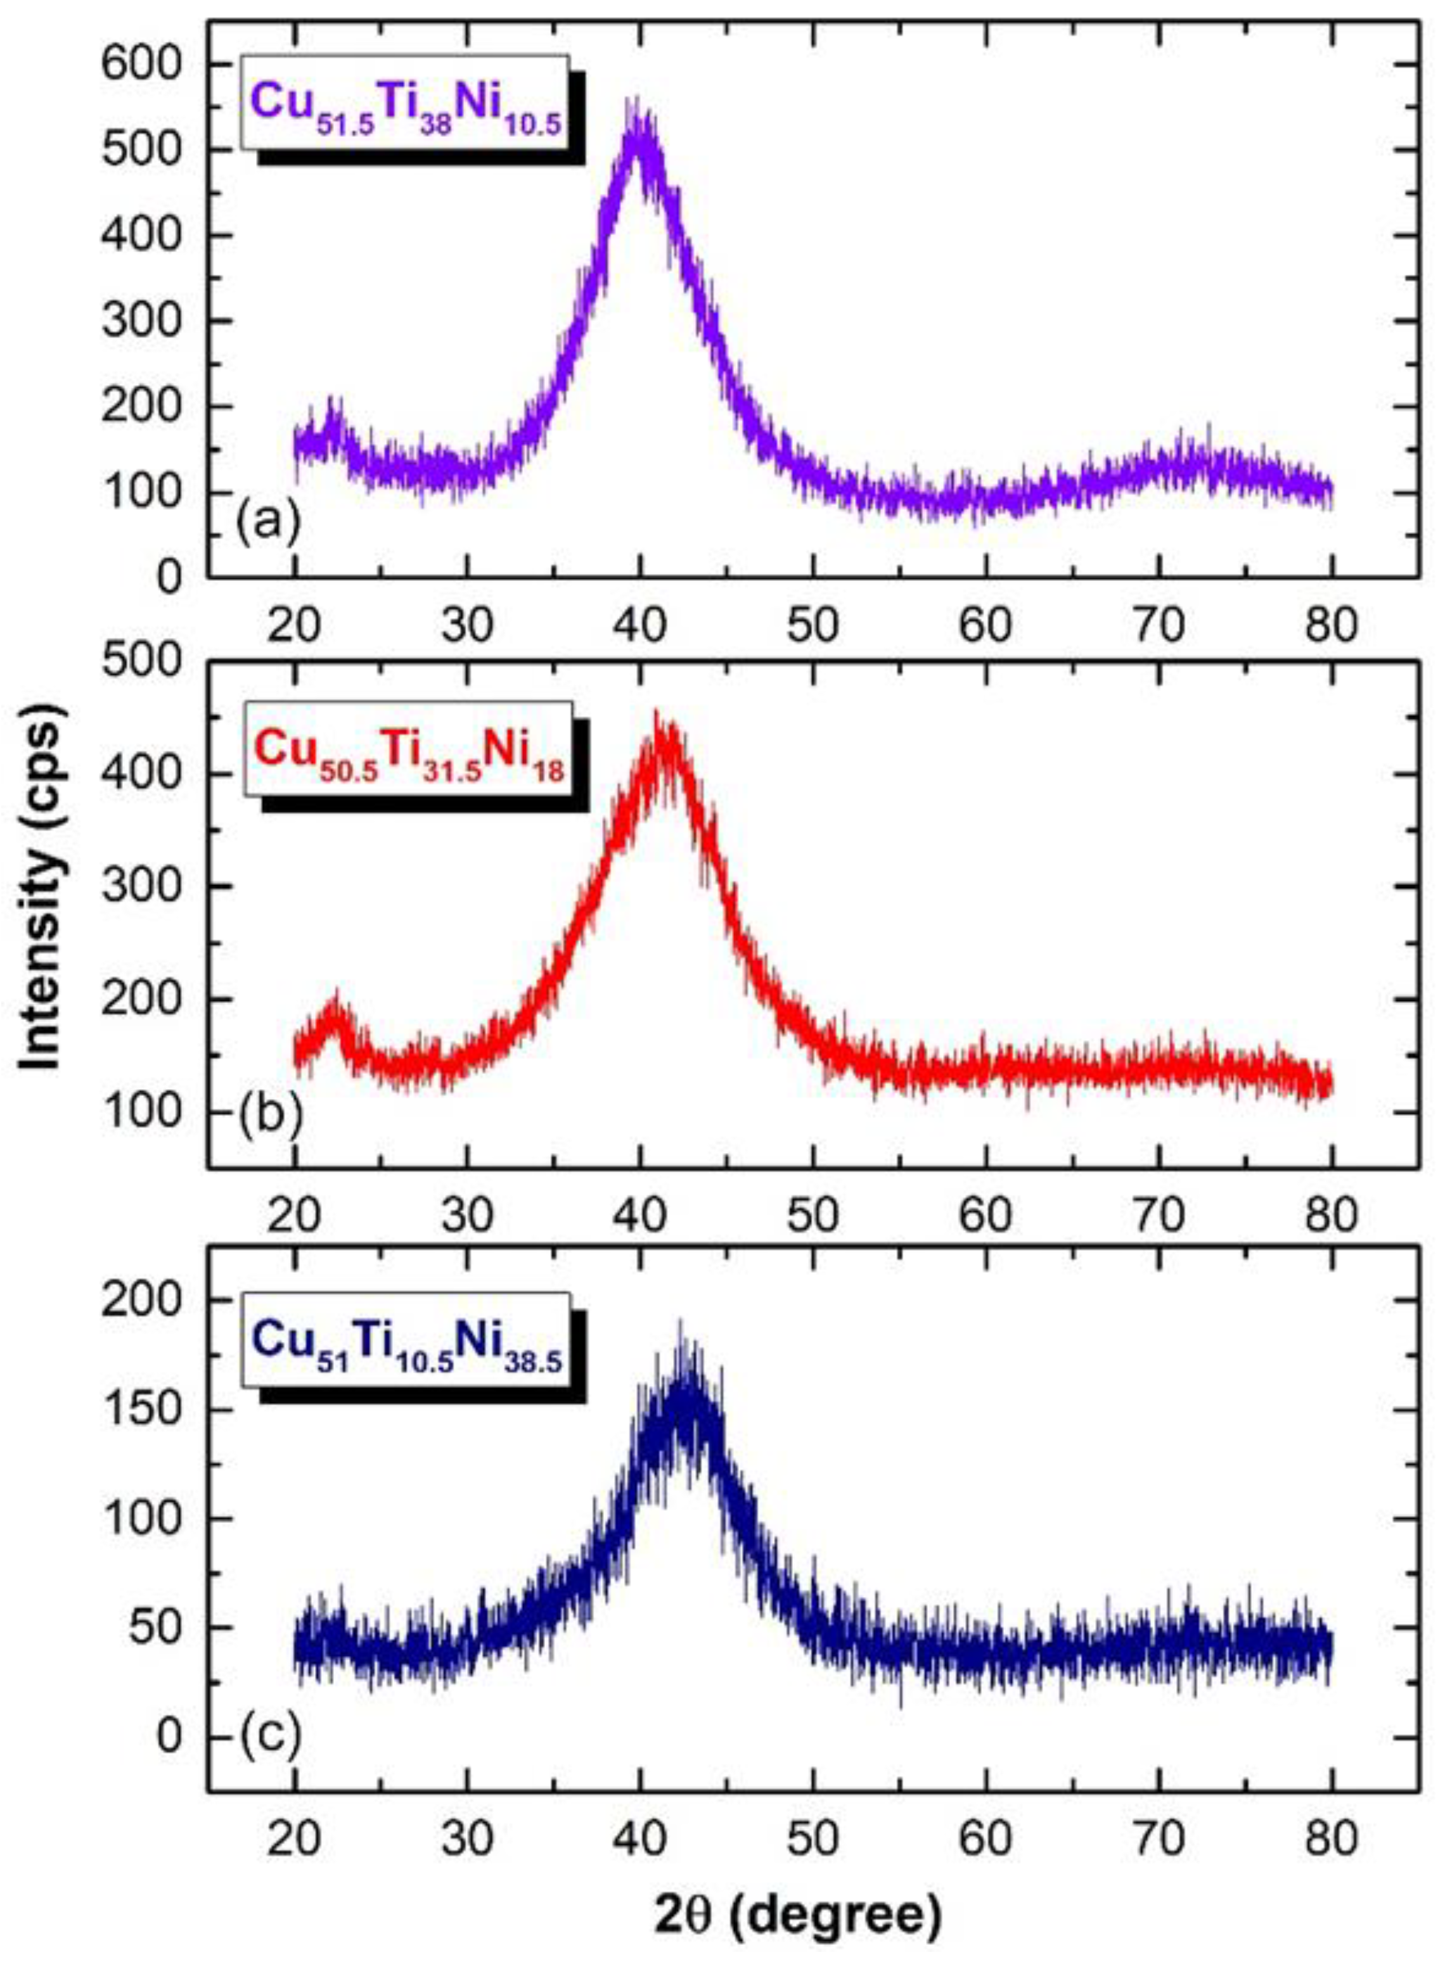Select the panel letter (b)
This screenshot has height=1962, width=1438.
click(x=268, y=1116)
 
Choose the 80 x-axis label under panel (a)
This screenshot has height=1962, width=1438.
click(x=1332, y=625)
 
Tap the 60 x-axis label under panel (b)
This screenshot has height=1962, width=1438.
click(x=986, y=1216)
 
